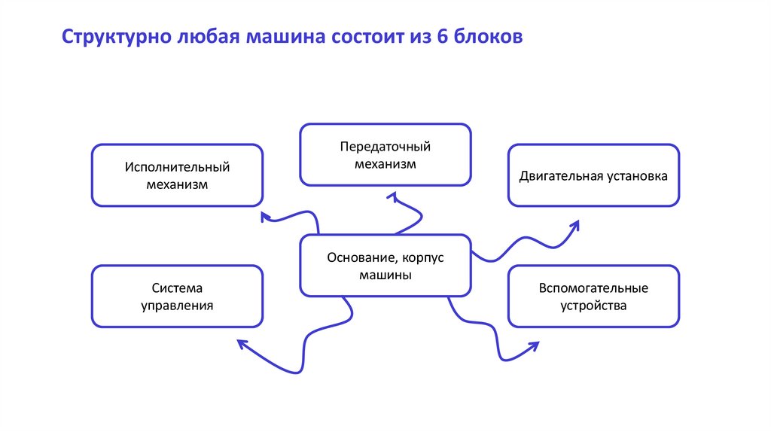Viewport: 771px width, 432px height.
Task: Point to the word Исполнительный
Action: click(x=177, y=166)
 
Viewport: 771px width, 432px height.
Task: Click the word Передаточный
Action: click(x=385, y=146)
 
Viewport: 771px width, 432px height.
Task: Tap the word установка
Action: click(x=636, y=176)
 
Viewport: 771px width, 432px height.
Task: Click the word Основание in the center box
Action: click(x=359, y=257)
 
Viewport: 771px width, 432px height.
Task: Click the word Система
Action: click(x=177, y=288)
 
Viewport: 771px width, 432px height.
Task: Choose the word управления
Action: click(x=177, y=306)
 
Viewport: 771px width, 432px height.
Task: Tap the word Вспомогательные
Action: click(x=593, y=288)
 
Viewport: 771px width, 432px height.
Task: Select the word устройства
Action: click(x=593, y=306)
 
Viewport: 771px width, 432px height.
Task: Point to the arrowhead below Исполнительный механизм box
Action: click(x=265, y=217)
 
